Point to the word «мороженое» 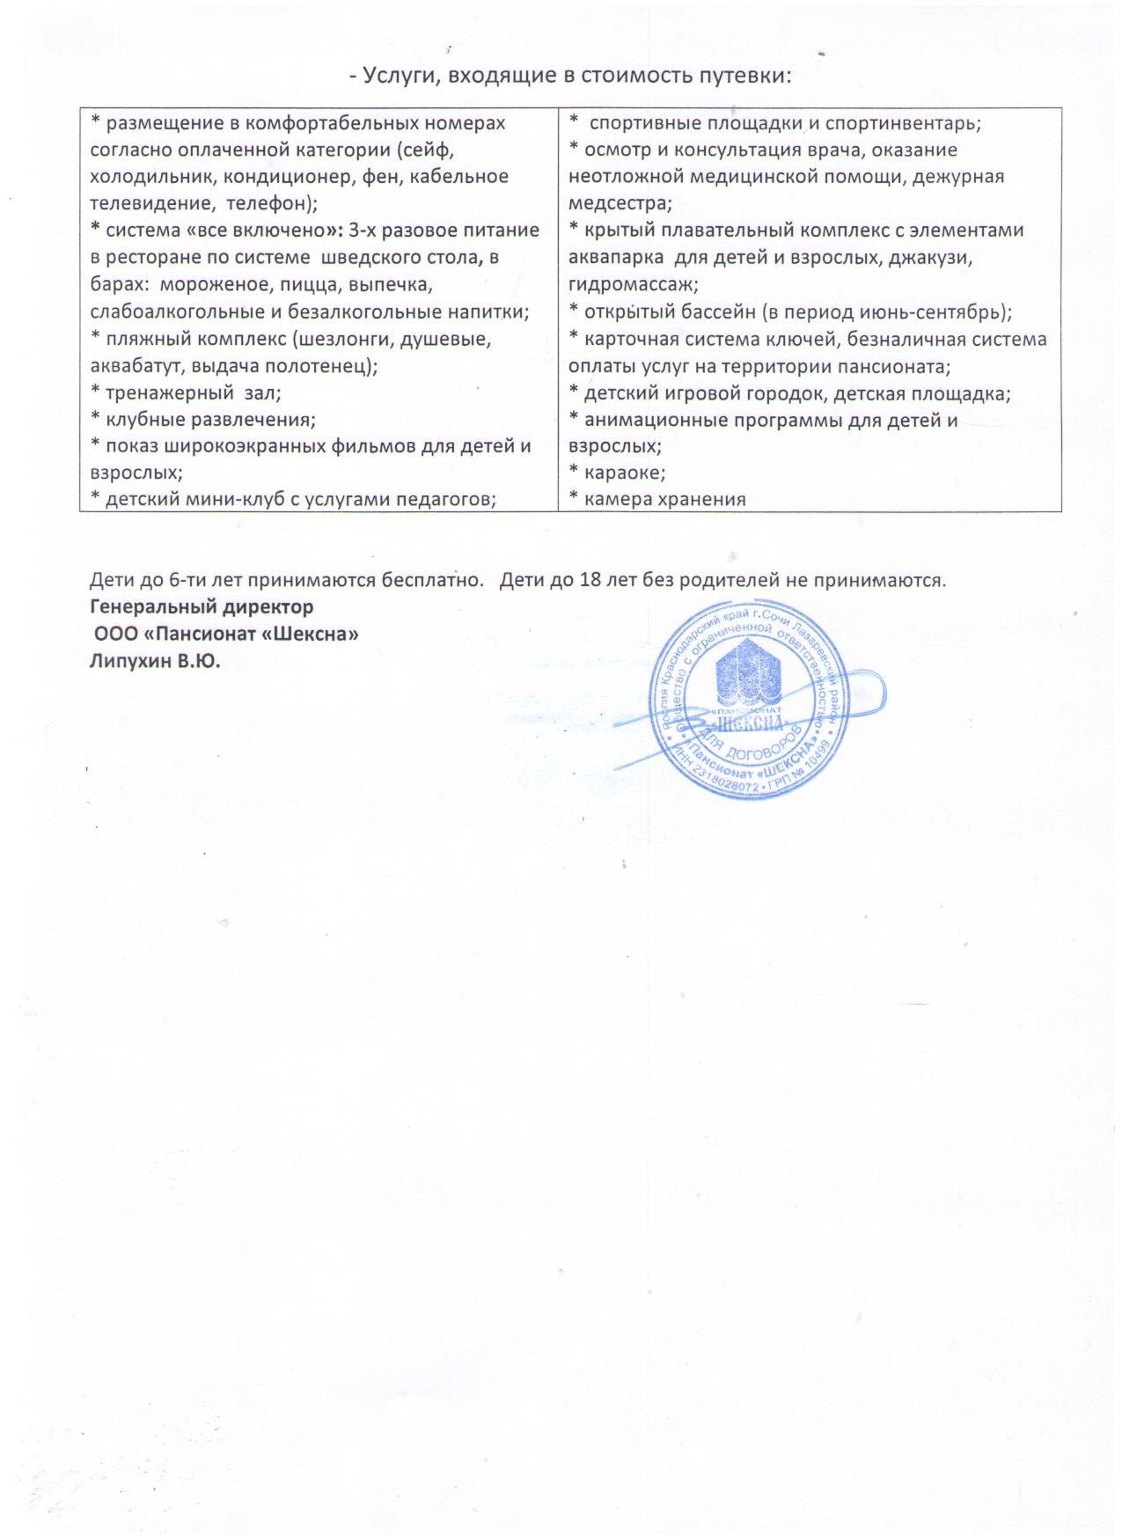pos(216,285)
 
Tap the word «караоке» pos(624,473)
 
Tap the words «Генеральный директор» pos(202,607)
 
